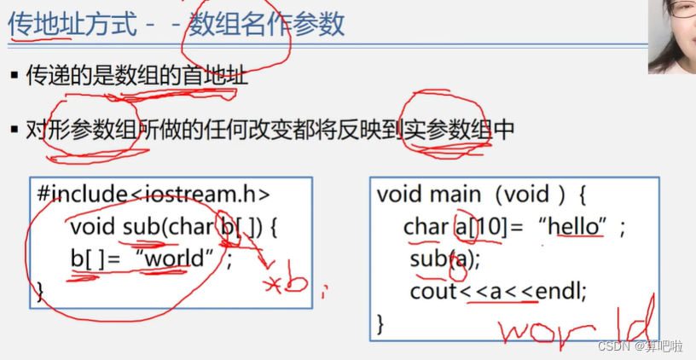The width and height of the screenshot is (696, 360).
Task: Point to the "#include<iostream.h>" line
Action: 154,193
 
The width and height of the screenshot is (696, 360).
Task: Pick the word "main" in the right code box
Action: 455,194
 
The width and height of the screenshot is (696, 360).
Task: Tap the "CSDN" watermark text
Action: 613,346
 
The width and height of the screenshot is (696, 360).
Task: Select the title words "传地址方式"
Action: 72,23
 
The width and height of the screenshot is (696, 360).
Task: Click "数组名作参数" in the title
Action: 266,23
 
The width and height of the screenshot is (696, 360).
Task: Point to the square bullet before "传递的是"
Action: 14,77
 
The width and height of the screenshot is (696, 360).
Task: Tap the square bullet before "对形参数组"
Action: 14,131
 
